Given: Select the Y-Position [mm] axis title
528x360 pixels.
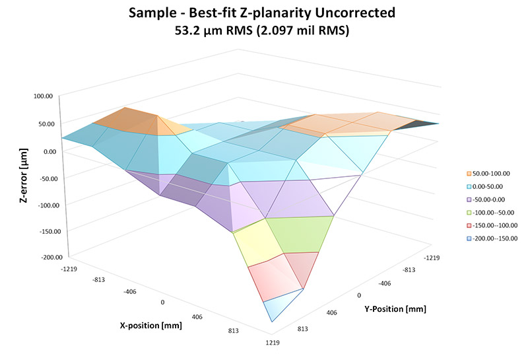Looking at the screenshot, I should pos(395,308).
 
